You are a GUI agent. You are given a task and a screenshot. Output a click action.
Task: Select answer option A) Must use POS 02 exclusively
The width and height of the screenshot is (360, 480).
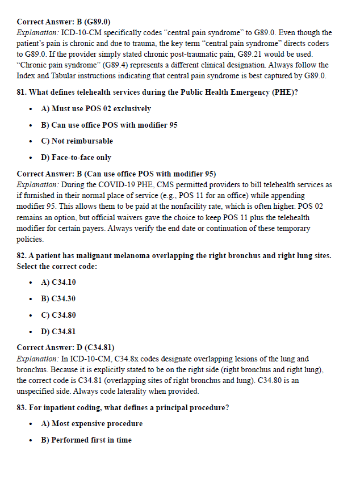(96, 108)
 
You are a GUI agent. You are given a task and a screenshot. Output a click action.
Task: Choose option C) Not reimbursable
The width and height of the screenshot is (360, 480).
(77, 141)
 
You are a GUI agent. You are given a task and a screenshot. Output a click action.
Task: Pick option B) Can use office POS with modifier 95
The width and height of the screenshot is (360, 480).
(109, 125)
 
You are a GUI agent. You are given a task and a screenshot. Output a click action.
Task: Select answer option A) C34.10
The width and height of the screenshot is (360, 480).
(58, 282)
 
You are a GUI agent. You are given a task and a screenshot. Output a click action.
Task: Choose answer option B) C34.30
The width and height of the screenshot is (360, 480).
(58, 298)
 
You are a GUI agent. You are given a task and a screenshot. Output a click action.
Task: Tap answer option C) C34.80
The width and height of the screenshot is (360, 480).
(58, 315)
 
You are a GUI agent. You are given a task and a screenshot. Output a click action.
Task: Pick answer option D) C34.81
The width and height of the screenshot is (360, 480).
(58, 331)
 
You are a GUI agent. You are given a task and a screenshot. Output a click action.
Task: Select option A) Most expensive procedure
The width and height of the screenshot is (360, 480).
(91, 423)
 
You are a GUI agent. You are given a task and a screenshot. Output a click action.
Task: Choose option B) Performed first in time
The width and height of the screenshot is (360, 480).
(86, 440)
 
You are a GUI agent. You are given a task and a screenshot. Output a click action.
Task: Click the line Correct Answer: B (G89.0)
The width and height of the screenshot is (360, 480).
(64, 22)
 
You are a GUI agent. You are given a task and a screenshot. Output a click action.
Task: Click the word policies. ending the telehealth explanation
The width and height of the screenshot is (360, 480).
(31, 239)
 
